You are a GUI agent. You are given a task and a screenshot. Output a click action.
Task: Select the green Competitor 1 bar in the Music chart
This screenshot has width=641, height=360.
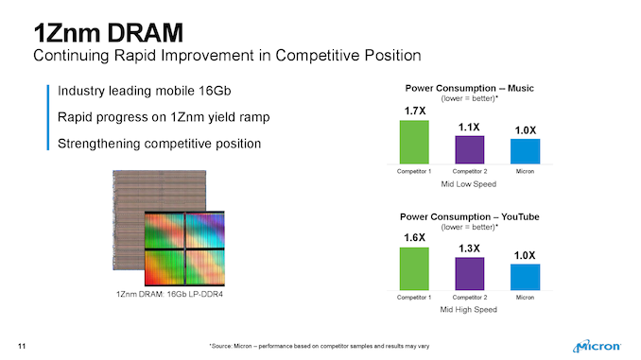tap(414, 142)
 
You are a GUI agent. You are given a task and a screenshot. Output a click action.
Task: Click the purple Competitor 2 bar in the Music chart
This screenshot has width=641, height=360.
tap(469, 149)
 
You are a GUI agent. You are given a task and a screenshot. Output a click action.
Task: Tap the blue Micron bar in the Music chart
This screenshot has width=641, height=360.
tap(524, 151)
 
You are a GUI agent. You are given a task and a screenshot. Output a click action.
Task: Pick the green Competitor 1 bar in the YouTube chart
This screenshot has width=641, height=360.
tap(414, 268)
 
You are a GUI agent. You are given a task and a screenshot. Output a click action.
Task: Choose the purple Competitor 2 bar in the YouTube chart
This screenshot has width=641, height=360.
tap(469, 273)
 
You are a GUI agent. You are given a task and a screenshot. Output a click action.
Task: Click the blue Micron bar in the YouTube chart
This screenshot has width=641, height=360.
tap(524, 276)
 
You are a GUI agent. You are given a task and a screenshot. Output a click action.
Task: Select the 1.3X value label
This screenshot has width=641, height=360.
tap(470, 248)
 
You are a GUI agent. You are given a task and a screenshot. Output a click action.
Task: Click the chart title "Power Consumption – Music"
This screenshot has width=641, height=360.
tap(469, 88)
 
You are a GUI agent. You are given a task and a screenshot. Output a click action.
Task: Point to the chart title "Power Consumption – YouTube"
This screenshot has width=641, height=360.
tap(469, 216)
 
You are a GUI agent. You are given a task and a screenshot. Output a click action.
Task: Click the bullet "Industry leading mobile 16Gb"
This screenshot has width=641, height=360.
tap(145, 92)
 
